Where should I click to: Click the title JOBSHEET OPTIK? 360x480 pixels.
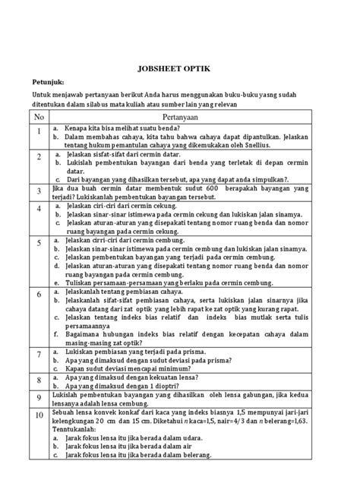[179, 67]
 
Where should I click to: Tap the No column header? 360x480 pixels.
[39, 118]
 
